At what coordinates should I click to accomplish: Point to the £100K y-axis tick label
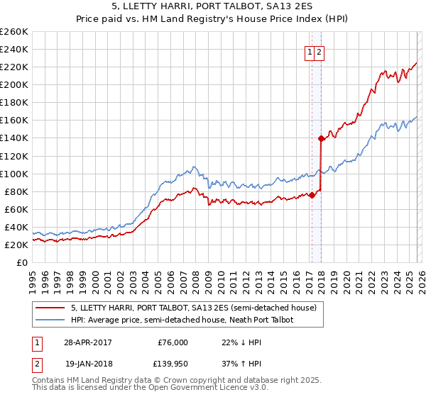(14, 174)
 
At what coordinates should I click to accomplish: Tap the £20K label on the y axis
(16, 245)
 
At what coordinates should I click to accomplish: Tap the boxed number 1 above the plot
(310, 52)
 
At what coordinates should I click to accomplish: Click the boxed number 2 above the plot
(319, 52)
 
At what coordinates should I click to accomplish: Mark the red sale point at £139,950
(321, 138)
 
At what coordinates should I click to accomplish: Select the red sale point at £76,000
(312, 195)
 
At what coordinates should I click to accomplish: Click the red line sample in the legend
(50, 308)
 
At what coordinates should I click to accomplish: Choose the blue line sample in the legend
(50, 320)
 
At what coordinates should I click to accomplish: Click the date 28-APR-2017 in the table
(88, 342)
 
